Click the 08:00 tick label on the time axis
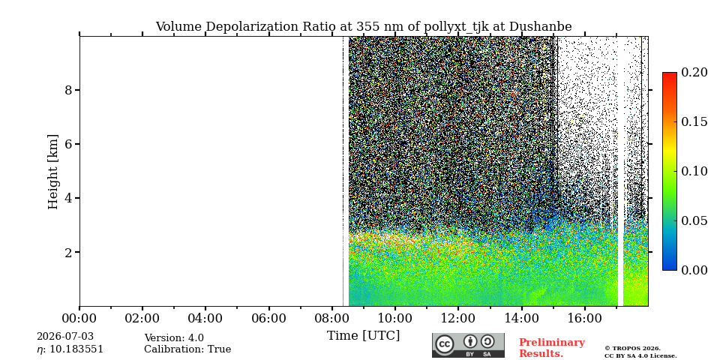tap(331, 318)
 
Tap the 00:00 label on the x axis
tap(79, 318)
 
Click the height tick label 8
tap(69, 90)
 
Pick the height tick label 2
tap(69, 252)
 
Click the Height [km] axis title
tap(53, 172)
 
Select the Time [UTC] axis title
tap(363, 336)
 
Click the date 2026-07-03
tap(65, 337)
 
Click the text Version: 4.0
tap(174, 338)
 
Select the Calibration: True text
tap(187, 349)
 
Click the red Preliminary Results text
tap(552, 348)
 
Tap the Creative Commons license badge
tap(468, 345)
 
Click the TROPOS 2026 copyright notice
tap(640, 352)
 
